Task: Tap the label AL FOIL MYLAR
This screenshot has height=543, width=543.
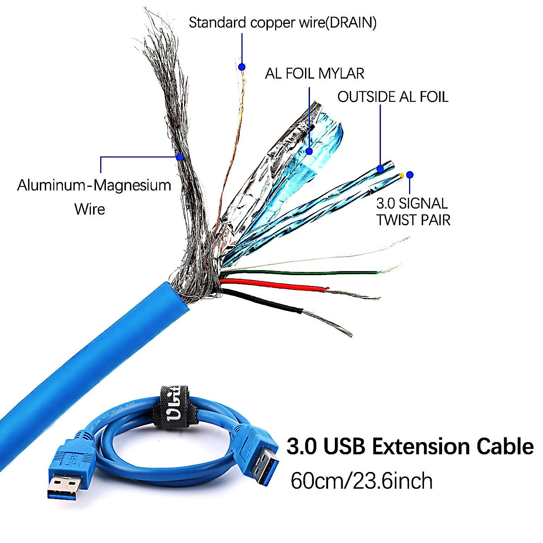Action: (x=314, y=73)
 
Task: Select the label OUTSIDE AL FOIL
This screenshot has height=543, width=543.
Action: (x=393, y=97)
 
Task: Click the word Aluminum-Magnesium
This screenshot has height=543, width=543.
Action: (x=94, y=186)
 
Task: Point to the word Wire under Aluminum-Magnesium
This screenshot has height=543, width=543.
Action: (x=90, y=209)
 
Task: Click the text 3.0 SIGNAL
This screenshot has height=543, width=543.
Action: (x=412, y=204)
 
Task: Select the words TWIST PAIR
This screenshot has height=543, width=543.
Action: (x=414, y=220)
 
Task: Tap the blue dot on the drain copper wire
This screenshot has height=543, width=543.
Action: (x=242, y=67)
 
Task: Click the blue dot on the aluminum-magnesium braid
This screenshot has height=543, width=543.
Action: (x=180, y=157)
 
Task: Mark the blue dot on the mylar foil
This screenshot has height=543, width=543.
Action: (x=309, y=151)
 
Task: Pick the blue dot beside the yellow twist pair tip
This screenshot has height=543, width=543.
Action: (x=410, y=175)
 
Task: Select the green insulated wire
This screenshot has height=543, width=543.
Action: (x=299, y=273)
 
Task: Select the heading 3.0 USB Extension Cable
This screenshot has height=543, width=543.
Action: (x=410, y=447)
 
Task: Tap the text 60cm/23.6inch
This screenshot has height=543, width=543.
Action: (x=361, y=481)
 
